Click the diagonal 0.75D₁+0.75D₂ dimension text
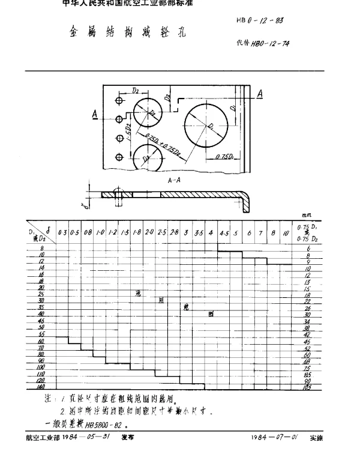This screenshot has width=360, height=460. click(x=159, y=144)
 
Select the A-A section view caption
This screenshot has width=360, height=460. click(x=176, y=180)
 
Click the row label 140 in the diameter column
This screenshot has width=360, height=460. click(x=41, y=387)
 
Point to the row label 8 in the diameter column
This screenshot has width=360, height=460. click(x=43, y=248)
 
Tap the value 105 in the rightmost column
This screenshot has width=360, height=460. click(x=308, y=387)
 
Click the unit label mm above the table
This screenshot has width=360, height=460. click(x=308, y=214)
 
